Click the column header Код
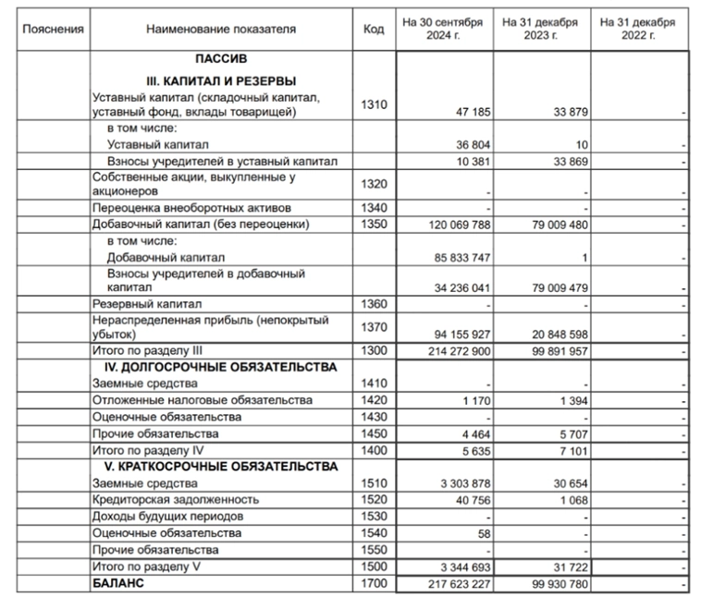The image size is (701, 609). (x=374, y=30)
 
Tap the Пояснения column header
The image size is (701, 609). (x=54, y=30)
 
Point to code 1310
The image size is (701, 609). (x=374, y=105)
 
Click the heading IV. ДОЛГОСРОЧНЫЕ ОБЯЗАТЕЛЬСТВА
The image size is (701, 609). (x=220, y=368)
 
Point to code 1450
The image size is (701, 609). (x=374, y=433)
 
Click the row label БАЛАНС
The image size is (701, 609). (x=119, y=584)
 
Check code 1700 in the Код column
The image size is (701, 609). (x=374, y=584)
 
